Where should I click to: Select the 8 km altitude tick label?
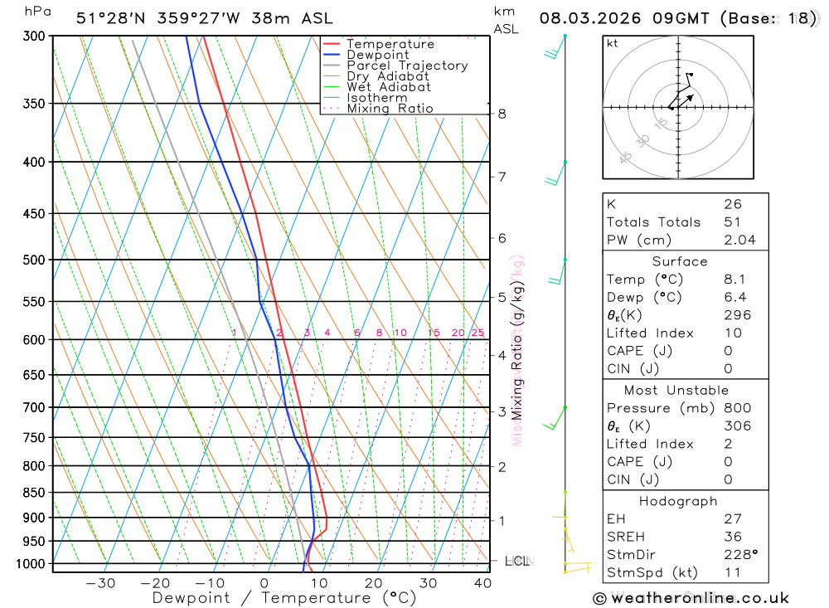(x=502, y=114)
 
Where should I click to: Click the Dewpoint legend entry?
(x=378, y=55)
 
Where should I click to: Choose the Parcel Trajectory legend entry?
(x=407, y=66)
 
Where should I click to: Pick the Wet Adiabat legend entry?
(x=389, y=87)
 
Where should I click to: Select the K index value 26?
(x=732, y=204)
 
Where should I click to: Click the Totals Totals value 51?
(x=732, y=222)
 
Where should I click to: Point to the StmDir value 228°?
(x=739, y=555)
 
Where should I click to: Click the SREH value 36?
(x=732, y=537)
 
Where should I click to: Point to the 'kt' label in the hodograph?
(x=613, y=43)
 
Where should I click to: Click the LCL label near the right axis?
(x=516, y=562)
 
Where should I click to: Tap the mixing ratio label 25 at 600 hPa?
(x=478, y=333)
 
